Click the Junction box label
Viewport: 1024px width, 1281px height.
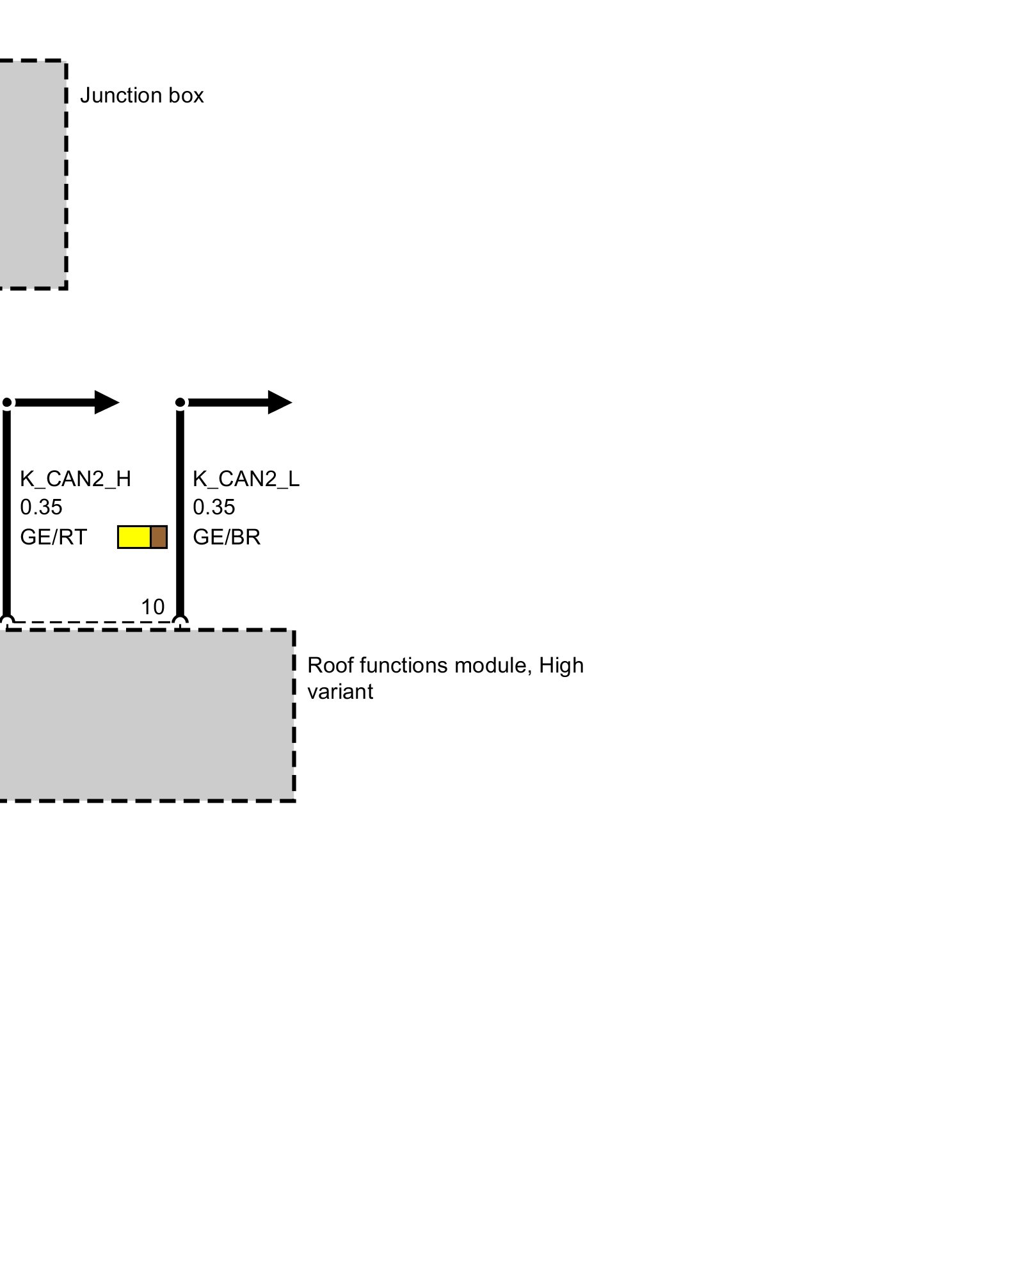tap(141, 95)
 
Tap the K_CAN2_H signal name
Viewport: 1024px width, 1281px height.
tap(76, 478)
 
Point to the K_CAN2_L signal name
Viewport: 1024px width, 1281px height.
tap(246, 478)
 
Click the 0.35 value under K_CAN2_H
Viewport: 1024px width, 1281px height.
tap(41, 507)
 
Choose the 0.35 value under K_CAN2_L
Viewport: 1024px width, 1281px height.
tap(214, 507)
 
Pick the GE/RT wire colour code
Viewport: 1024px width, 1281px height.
tap(53, 537)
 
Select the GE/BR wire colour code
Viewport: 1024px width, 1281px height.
tap(227, 537)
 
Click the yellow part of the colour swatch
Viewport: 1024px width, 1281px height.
tap(134, 537)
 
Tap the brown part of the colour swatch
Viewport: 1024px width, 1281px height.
tap(159, 537)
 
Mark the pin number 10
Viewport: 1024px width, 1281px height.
tap(152, 607)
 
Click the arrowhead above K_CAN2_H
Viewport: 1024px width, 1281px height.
tap(106, 402)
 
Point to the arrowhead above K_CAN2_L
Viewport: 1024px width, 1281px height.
tap(279, 402)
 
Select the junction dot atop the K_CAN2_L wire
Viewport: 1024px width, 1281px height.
tap(180, 403)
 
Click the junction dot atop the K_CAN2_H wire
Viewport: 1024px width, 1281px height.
tap(7, 403)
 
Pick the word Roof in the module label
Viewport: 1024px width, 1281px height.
tap(330, 665)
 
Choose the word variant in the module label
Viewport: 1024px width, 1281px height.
tap(340, 692)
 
